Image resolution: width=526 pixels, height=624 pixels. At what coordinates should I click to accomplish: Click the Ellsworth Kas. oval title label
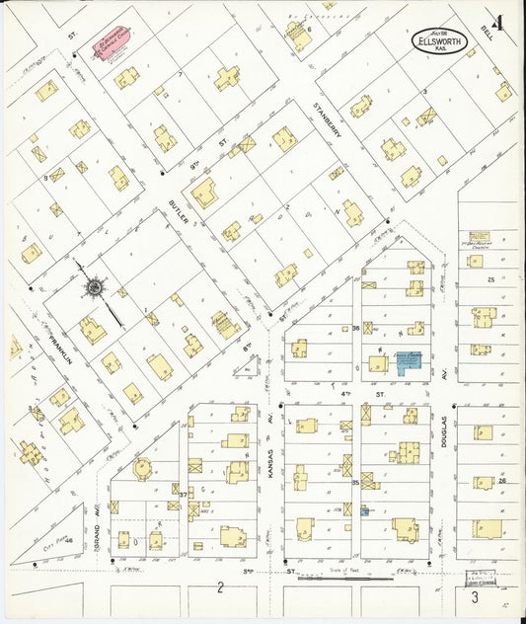coord(442,41)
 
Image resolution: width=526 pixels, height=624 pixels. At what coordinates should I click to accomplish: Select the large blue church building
coord(406,363)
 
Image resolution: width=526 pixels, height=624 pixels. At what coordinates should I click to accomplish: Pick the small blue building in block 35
coord(364,510)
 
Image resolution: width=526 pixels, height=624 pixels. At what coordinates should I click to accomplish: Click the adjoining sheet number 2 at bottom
coord(221,589)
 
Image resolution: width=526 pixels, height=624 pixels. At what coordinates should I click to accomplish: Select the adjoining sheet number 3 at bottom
coord(475,596)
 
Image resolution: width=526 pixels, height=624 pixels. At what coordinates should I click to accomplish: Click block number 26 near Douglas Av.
coord(502,481)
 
